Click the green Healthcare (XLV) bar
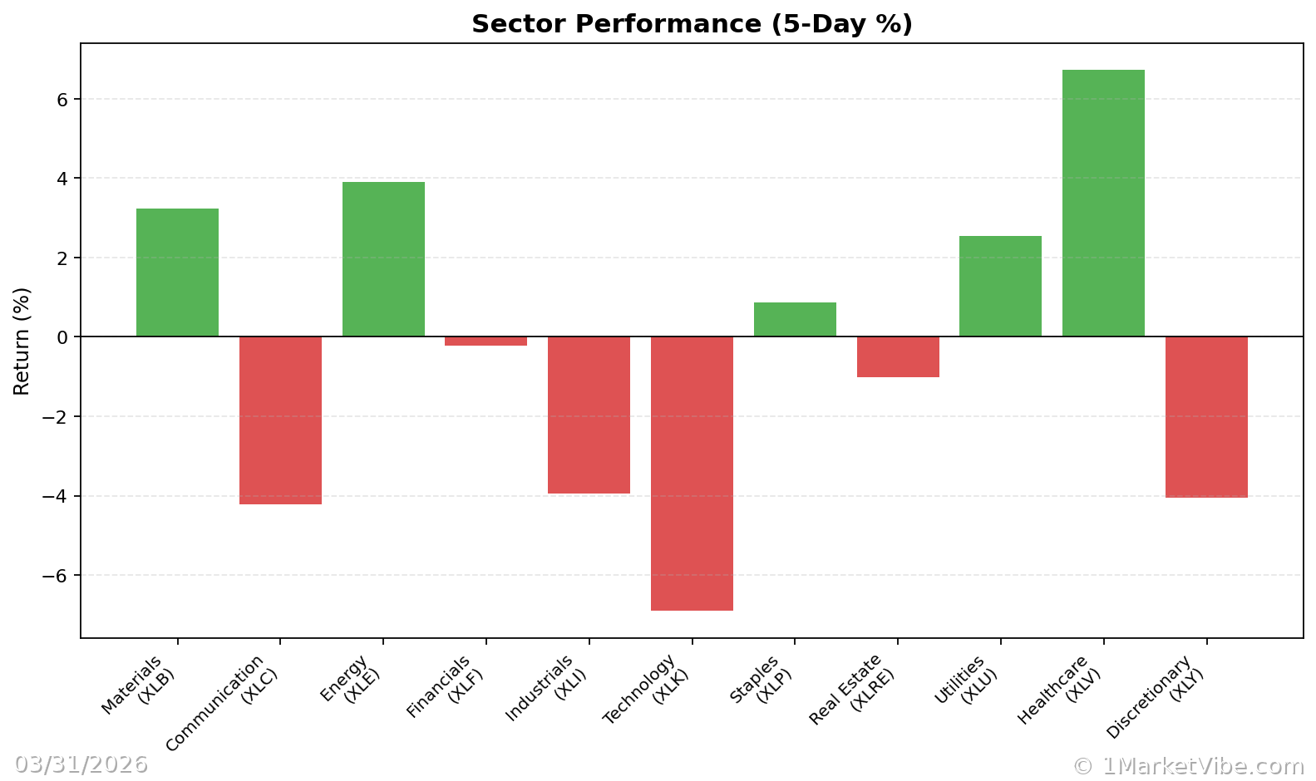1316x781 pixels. click(x=1103, y=204)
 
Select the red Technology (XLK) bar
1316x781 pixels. click(x=692, y=474)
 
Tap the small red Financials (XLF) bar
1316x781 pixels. click(x=485, y=341)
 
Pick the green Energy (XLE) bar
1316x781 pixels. click(x=383, y=259)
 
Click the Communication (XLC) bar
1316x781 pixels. click(x=280, y=420)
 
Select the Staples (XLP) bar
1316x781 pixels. click(x=795, y=320)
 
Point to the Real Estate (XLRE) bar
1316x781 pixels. click(x=898, y=356)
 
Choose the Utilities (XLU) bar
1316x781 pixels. click(x=1000, y=287)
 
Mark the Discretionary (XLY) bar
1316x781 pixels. click(x=1206, y=417)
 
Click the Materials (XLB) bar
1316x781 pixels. click(x=177, y=273)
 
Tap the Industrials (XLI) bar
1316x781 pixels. click(x=589, y=415)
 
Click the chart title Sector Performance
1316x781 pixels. click(x=692, y=24)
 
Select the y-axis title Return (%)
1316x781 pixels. click(x=22, y=341)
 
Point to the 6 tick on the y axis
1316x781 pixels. click(x=62, y=100)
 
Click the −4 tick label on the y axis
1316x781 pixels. click(x=57, y=496)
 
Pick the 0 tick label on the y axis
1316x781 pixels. click(x=62, y=337)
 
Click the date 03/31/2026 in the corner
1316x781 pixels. click(x=81, y=764)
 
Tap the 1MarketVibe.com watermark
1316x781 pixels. click(x=1188, y=765)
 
